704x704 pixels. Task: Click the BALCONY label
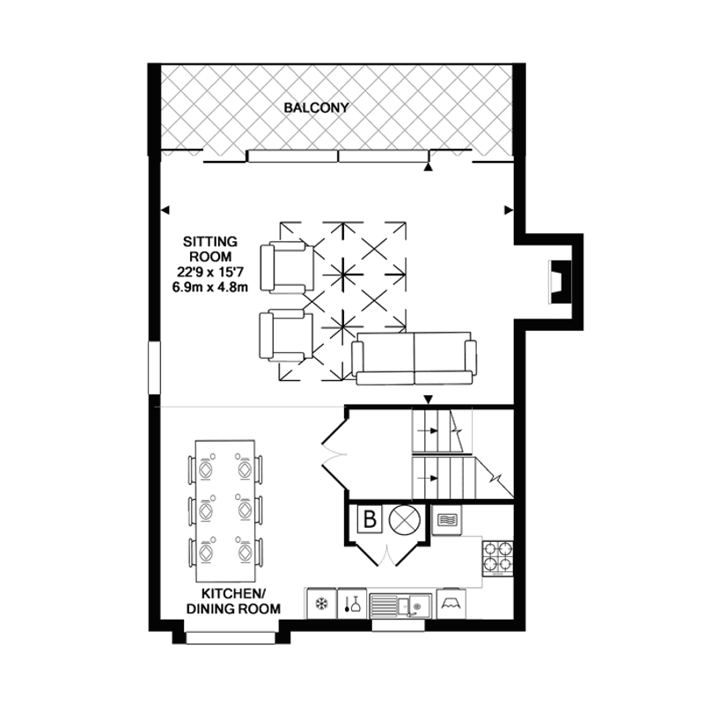(316, 107)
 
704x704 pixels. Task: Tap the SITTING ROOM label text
(210, 249)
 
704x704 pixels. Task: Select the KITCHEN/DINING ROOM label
(233, 601)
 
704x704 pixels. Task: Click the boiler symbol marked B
(370, 519)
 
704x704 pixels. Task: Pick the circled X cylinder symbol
(405, 520)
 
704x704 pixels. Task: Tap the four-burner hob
(498, 559)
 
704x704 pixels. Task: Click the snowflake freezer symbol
(321, 603)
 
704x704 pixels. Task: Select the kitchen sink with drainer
(400, 605)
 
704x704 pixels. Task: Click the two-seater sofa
(414, 358)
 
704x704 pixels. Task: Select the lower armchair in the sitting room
(287, 335)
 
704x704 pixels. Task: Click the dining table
(225, 510)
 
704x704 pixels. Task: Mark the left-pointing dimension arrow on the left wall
(165, 209)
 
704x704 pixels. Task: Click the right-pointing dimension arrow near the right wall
(509, 209)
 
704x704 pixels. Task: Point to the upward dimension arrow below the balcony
(429, 167)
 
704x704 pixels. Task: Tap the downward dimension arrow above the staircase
(429, 400)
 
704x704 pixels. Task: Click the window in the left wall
(154, 368)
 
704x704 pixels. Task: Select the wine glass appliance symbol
(352, 603)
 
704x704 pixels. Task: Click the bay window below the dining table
(231, 637)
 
